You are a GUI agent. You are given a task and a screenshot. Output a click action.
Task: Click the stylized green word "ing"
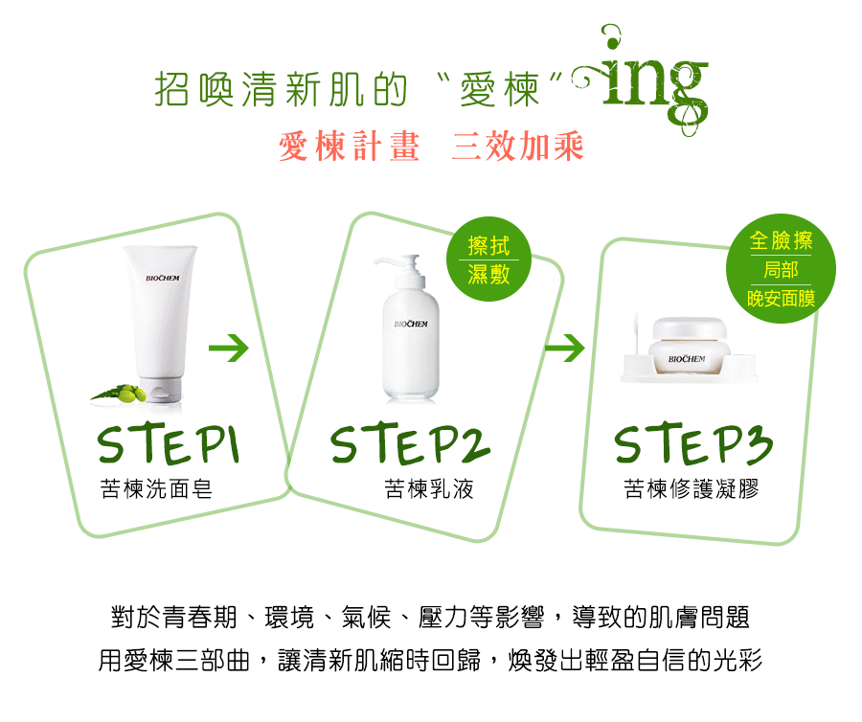click(x=648, y=82)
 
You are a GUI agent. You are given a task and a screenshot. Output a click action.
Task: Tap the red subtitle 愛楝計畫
click(x=350, y=147)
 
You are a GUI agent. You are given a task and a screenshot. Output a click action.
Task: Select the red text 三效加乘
click(x=518, y=147)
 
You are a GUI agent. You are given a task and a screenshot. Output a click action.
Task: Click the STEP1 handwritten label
click(x=169, y=444)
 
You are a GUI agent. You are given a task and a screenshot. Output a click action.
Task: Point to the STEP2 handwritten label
click(x=410, y=444)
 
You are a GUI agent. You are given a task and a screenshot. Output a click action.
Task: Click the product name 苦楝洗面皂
click(x=156, y=488)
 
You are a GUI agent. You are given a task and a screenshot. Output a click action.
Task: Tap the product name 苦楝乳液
click(x=429, y=488)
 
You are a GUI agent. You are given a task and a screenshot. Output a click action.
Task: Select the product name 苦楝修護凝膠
click(x=691, y=488)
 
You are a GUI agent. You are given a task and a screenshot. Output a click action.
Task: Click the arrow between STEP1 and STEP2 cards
click(x=229, y=348)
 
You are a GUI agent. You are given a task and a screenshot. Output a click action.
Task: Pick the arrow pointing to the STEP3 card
click(x=564, y=348)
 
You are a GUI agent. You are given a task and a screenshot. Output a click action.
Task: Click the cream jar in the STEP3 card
click(x=690, y=347)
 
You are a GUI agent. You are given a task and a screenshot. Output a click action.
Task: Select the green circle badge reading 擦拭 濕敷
click(x=488, y=259)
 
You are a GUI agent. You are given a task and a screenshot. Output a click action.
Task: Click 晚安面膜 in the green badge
click(x=781, y=299)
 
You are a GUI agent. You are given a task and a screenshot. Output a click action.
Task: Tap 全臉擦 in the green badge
click(x=781, y=240)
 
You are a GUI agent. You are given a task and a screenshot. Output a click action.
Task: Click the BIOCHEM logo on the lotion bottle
click(x=411, y=325)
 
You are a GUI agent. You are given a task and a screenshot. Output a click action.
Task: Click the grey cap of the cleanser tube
click(x=160, y=390)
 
